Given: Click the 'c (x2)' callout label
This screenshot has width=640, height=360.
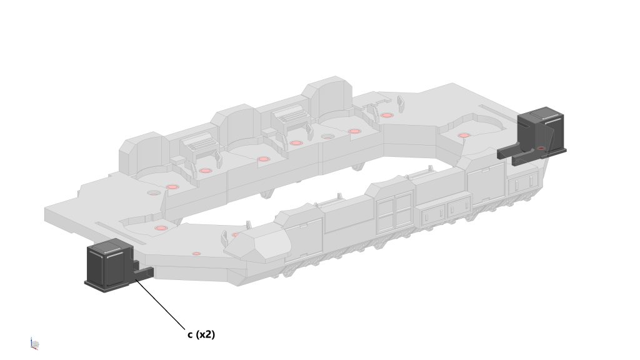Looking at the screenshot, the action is click(x=201, y=334).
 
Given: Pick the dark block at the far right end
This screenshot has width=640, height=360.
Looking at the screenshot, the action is click(x=535, y=135).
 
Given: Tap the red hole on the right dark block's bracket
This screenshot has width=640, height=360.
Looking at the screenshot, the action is click(x=541, y=148).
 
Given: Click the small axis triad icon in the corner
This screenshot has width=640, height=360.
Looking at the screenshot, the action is click(x=34, y=344).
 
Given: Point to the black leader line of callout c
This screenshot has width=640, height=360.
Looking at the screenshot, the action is click(x=161, y=304).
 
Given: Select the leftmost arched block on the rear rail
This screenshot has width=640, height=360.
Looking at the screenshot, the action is click(x=143, y=153).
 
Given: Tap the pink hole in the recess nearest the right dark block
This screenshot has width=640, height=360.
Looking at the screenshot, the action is click(x=464, y=135).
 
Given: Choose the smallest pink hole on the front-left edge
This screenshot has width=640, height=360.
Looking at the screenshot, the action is click(x=197, y=254).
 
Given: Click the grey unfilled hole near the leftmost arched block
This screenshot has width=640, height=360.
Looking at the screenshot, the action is click(x=154, y=192).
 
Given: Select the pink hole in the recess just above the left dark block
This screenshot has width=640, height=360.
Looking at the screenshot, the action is click(x=161, y=227).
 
